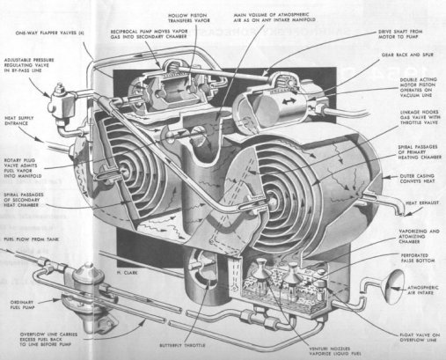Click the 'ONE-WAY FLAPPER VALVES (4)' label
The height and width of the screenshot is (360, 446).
coord(48,33)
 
